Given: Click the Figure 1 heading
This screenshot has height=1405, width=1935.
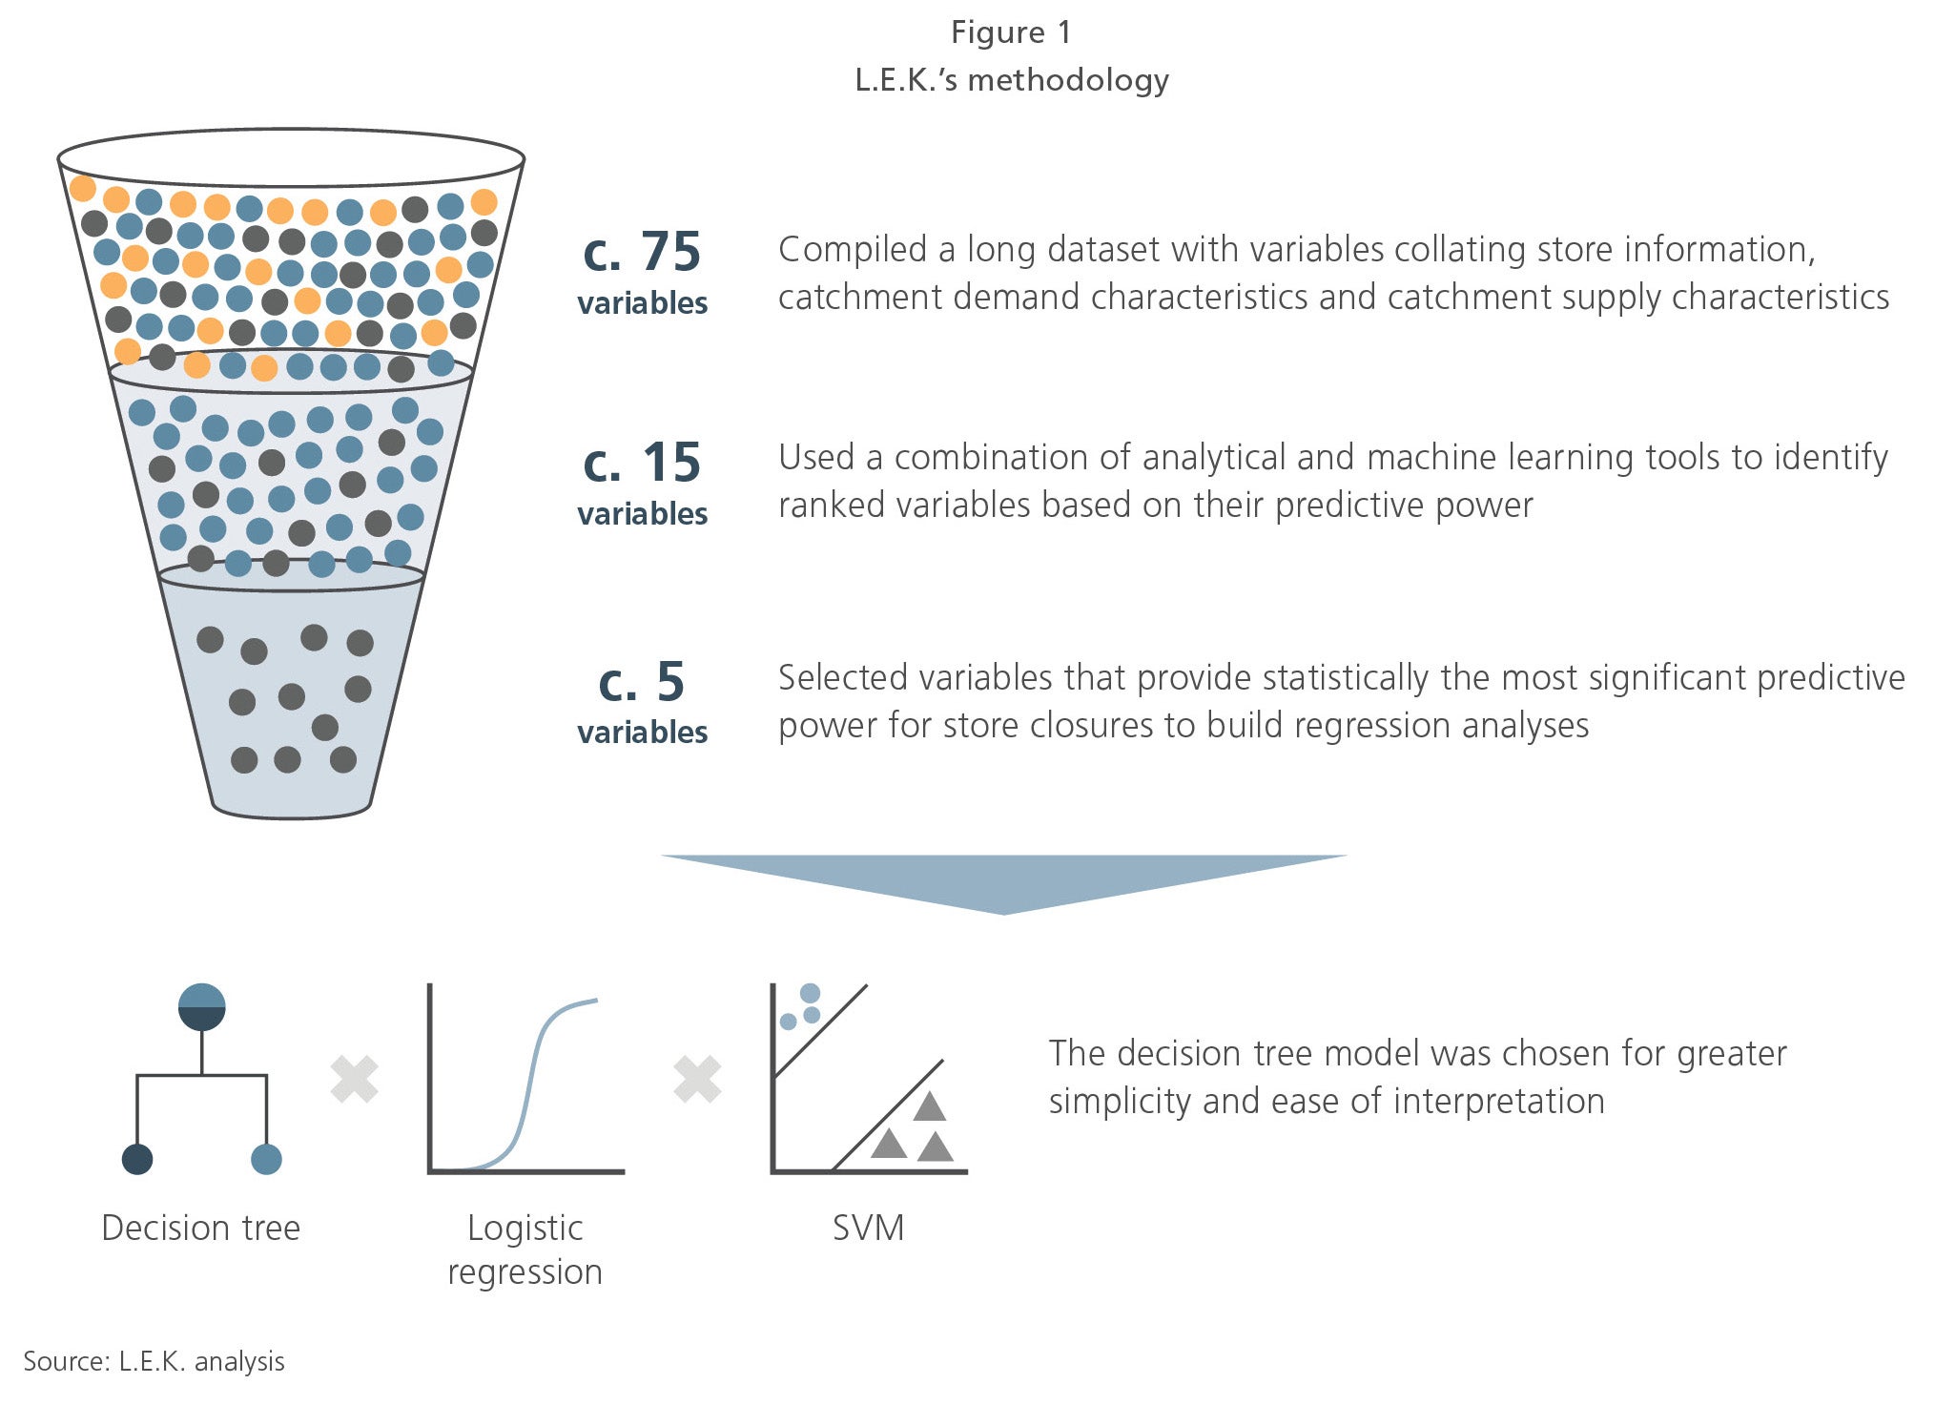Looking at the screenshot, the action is (x=1011, y=32).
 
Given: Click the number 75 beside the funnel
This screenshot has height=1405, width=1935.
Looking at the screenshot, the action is (x=670, y=252).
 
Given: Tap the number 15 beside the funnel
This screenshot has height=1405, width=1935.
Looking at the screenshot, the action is (x=671, y=463).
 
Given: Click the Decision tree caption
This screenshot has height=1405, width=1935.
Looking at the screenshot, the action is (x=200, y=1228).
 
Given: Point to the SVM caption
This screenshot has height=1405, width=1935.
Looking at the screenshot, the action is (x=868, y=1228).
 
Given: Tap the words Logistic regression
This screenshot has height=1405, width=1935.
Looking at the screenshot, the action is (x=525, y=1250).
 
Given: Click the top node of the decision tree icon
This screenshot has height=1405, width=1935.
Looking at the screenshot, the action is (x=202, y=1007).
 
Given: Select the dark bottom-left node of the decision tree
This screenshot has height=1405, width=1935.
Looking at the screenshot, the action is (x=137, y=1159).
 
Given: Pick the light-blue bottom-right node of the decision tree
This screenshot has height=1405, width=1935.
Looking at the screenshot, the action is (x=266, y=1159).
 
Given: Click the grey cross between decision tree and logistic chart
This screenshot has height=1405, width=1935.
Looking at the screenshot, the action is (x=355, y=1080).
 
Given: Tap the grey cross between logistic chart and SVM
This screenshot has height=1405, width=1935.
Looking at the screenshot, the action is (x=697, y=1080).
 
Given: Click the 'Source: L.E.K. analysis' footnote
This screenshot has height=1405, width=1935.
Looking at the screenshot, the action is (x=154, y=1361).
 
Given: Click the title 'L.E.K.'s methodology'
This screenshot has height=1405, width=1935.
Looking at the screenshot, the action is (x=1011, y=80).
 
